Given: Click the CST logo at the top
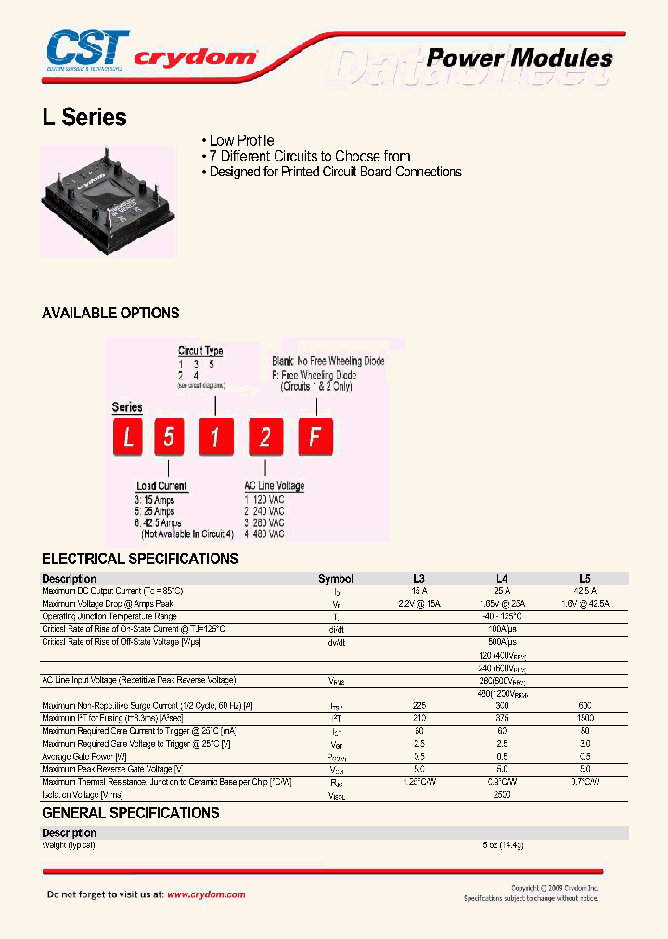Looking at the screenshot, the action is [x=86, y=51].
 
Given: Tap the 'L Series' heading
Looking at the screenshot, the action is [x=84, y=118].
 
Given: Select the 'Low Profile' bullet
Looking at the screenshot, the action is [x=241, y=140].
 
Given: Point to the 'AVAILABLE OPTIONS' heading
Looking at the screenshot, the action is [x=110, y=314].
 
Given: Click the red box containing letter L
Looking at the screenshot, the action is [x=128, y=437].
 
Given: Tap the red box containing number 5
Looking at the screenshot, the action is [x=169, y=437].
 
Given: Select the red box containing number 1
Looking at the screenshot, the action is [x=215, y=437].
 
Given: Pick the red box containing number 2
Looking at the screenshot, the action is [x=265, y=437].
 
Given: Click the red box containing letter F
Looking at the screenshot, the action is [x=315, y=437].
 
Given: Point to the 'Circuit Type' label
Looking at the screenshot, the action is [x=200, y=351].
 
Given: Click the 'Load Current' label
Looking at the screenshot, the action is [x=161, y=485].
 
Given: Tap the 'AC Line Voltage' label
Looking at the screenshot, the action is [x=274, y=485].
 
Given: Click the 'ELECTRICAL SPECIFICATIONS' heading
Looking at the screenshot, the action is [x=140, y=559].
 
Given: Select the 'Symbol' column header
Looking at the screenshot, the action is [x=336, y=578].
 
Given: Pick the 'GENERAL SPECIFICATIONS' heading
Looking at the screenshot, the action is [x=131, y=813].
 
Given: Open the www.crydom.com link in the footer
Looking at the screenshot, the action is [x=206, y=894].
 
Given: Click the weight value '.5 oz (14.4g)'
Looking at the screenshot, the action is [x=503, y=845].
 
